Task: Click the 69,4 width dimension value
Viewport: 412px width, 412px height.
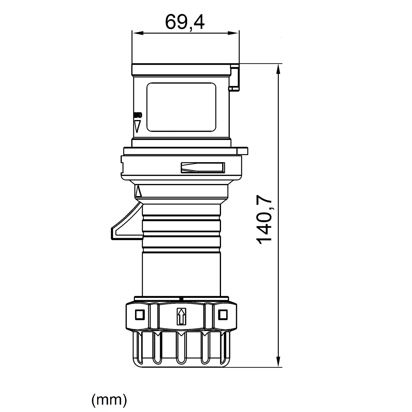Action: (x=185, y=22)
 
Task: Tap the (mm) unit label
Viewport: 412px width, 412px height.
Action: (x=109, y=400)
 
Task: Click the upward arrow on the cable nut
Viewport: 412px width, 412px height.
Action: (x=182, y=316)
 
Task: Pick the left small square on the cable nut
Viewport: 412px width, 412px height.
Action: (x=139, y=315)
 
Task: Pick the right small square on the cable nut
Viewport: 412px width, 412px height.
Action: (x=223, y=315)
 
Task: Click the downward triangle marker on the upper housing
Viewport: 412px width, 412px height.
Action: (x=137, y=126)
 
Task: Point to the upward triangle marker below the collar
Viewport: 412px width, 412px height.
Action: (x=138, y=192)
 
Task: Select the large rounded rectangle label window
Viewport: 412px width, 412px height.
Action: (x=181, y=107)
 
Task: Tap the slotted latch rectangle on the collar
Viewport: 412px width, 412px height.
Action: (x=202, y=168)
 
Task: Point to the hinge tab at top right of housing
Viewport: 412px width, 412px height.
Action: (x=235, y=78)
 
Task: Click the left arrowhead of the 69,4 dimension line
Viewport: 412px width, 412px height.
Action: (x=137, y=33)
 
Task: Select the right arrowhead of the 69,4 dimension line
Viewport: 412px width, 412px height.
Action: (x=234, y=33)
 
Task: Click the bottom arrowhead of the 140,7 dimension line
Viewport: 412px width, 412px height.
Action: (x=278, y=361)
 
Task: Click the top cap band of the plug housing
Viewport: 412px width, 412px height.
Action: (x=181, y=69)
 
